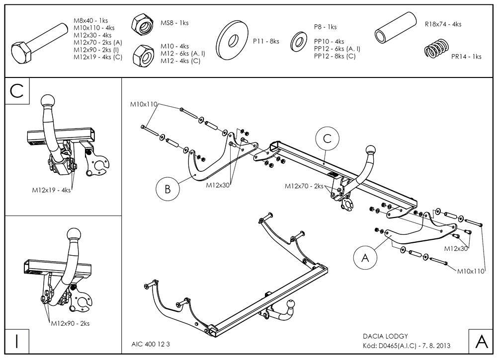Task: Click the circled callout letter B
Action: pyautogui.click(x=167, y=188)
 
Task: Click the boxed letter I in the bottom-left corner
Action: pyautogui.click(x=17, y=342)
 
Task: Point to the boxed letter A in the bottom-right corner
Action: pyautogui.click(x=481, y=342)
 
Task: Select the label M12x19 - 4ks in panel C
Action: pyautogui.click(x=51, y=190)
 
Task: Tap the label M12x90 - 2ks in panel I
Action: pyautogui.click(x=70, y=323)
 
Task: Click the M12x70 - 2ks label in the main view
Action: pyautogui.click(x=304, y=186)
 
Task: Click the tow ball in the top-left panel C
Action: pyautogui.click(x=49, y=102)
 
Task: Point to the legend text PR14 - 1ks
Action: pyautogui.click(x=466, y=57)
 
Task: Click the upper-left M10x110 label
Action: pyautogui.click(x=144, y=104)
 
